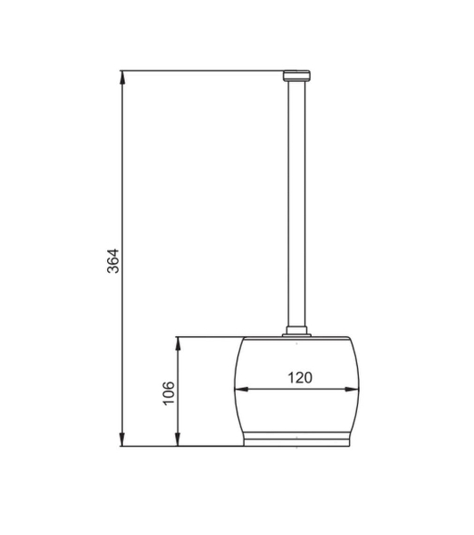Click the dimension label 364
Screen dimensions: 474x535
click(x=113, y=261)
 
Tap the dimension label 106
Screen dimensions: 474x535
click(x=169, y=393)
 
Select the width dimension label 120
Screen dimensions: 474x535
click(x=300, y=378)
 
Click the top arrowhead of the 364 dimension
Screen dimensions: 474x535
click(x=122, y=78)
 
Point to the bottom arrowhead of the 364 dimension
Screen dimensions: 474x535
click(x=122, y=439)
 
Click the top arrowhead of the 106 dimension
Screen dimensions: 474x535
click(x=178, y=343)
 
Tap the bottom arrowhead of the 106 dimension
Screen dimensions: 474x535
click(x=178, y=439)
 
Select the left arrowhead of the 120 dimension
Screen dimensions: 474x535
click(x=241, y=389)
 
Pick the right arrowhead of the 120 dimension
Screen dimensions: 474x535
click(x=352, y=389)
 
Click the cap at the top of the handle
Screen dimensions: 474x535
click(x=296, y=76)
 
